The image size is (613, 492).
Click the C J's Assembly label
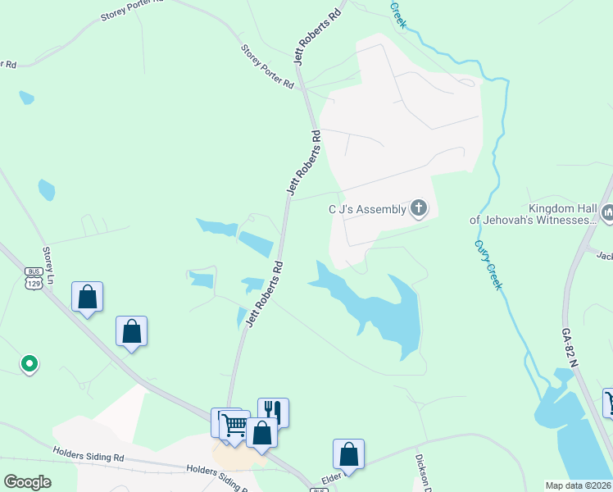(367, 209)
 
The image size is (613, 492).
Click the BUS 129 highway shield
(34, 277)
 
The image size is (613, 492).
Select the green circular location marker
(29, 362)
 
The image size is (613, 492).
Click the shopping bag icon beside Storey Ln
(88, 297)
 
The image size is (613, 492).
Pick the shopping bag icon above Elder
(348, 453)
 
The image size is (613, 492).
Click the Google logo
(28, 481)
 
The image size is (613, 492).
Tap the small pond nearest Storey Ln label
(46, 190)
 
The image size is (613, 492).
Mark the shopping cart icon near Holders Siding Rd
(234, 424)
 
